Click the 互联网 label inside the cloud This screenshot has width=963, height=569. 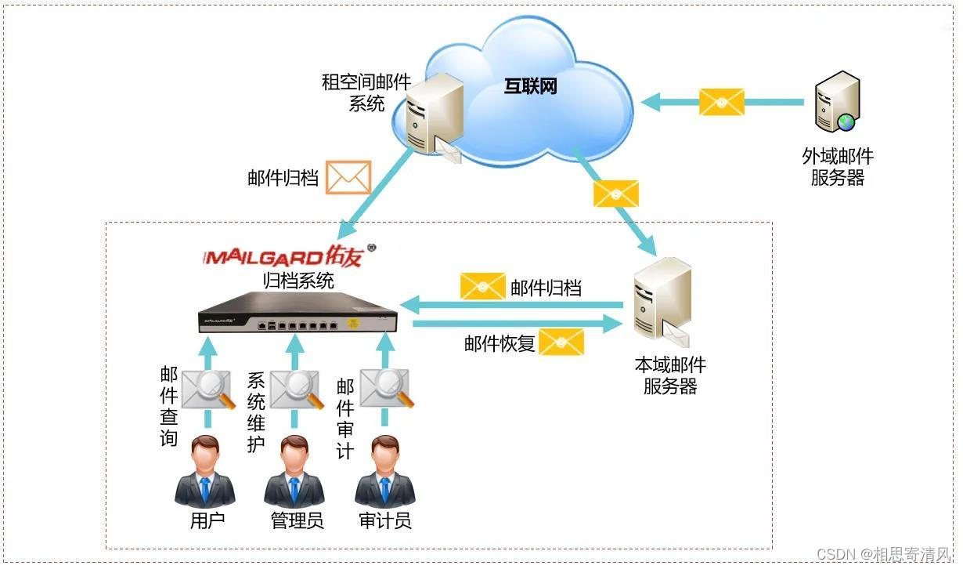(530, 86)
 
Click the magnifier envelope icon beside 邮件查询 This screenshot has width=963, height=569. (208, 389)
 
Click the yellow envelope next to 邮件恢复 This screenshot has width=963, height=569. (561, 342)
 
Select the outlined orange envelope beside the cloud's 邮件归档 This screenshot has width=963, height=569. (348, 177)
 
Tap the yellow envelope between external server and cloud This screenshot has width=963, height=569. (721, 102)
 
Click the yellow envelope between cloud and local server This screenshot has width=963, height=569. (616, 193)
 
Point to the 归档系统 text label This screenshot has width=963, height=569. (298, 280)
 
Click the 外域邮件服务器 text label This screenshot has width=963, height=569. (837, 167)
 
